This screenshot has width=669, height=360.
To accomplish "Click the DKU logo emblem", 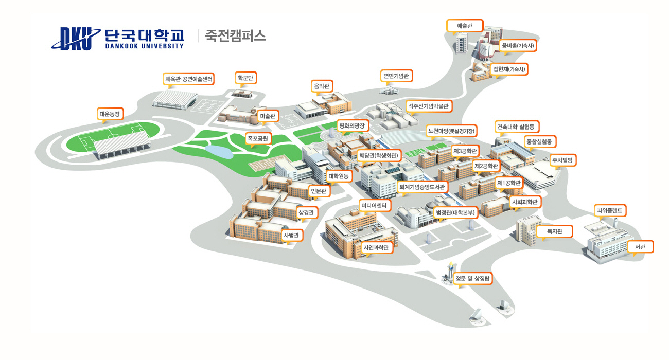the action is point(76,39).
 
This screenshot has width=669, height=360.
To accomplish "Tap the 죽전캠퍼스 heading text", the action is point(235,36).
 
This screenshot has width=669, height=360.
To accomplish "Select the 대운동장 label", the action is point(110,114).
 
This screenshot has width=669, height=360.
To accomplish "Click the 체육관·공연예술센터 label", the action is point(188,79).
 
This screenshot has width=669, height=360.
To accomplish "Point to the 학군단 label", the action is point(245,78).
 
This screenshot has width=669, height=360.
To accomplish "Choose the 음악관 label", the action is point(322,86).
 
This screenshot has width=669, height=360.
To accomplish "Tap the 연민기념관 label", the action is point(396,76).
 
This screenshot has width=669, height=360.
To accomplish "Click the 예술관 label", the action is point(465,26).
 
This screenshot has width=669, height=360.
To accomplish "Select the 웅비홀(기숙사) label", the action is point(518,46).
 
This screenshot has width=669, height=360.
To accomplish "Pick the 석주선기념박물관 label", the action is point(429,106).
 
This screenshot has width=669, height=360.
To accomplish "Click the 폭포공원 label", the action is point(258,138).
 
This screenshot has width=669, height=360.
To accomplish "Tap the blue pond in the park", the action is point(219,152).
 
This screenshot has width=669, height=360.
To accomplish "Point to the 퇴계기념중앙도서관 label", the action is point(422,187).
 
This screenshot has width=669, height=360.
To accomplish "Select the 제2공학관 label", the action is point(486,166).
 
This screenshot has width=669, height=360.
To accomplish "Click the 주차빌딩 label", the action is point(562,160).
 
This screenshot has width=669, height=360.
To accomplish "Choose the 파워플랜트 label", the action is point(610,211).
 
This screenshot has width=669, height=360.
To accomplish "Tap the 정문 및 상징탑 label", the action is point(472,279).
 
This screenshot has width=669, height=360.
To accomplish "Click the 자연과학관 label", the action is point(376,247).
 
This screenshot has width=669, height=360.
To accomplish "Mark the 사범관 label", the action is point(291,235).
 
